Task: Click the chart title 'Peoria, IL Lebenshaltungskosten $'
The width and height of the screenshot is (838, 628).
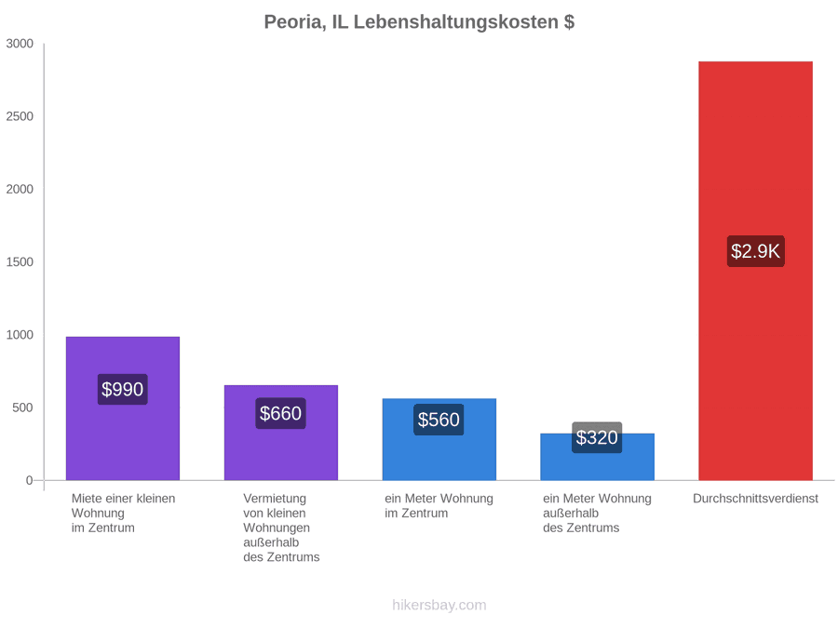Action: click(x=419, y=22)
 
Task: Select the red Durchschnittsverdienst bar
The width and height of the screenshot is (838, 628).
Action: click(x=755, y=271)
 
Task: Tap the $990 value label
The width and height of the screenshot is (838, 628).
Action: click(x=122, y=389)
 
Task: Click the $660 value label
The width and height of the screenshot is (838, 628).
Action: click(x=280, y=413)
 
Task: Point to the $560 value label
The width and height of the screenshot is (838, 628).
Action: click(x=439, y=420)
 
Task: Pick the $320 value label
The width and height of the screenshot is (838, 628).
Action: click(x=597, y=437)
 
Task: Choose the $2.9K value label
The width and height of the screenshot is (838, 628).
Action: click(x=756, y=251)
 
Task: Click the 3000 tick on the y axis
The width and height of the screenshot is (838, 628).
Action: click(x=20, y=44)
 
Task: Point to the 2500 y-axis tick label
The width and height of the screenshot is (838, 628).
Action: click(x=20, y=116)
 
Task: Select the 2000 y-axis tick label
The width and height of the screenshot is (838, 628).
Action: click(x=20, y=189)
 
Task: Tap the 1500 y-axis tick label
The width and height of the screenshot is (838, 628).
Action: click(x=20, y=261)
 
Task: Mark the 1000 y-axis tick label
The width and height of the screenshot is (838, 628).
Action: click(x=20, y=335)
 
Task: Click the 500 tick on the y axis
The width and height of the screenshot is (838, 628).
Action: click(x=23, y=408)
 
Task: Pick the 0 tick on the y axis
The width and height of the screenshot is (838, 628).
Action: click(x=30, y=480)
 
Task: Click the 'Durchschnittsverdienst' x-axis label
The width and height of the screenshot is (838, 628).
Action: click(x=755, y=499)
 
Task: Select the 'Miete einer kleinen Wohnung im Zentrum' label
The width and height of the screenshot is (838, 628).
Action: click(x=124, y=514)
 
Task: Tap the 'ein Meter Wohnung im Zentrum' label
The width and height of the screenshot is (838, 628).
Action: click(x=439, y=506)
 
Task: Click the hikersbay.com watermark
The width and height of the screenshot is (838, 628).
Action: click(x=439, y=605)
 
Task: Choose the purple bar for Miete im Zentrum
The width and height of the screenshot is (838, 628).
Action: click(x=123, y=408)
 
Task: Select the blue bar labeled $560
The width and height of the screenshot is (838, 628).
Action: click(x=439, y=439)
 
